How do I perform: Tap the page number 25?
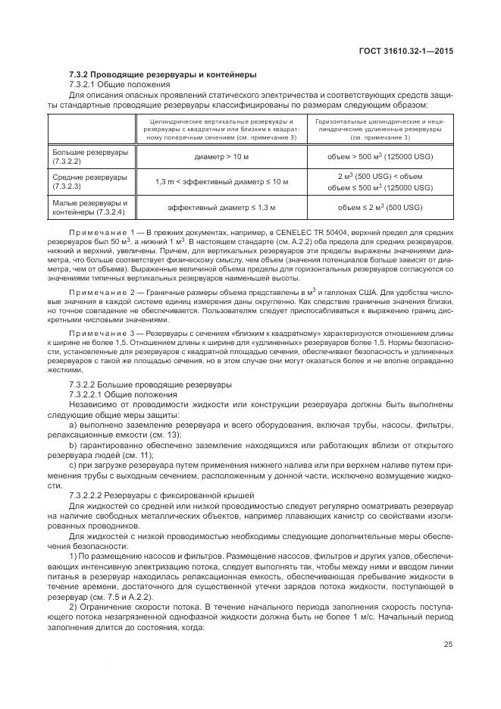pyautogui.click(x=447, y=645)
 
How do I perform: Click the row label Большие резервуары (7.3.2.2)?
pyautogui.click(x=89, y=157)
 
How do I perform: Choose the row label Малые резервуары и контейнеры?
pyautogui.click(x=89, y=207)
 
